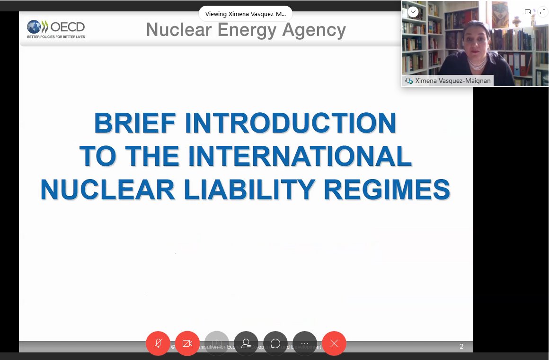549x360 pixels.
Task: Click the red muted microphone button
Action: tap(158, 343)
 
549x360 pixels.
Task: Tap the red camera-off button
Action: tap(187, 343)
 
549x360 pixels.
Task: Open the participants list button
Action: tap(246, 343)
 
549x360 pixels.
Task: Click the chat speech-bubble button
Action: tap(275, 343)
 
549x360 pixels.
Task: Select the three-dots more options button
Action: tap(305, 343)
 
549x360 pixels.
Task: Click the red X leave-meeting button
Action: tap(334, 343)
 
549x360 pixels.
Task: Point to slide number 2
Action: tap(461, 346)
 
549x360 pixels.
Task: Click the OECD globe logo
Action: tap(34, 27)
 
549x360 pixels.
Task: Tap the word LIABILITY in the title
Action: tap(248, 189)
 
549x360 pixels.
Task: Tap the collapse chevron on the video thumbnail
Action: tap(413, 12)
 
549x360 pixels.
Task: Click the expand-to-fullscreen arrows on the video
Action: tap(542, 12)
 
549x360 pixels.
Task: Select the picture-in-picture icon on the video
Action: tap(528, 12)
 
